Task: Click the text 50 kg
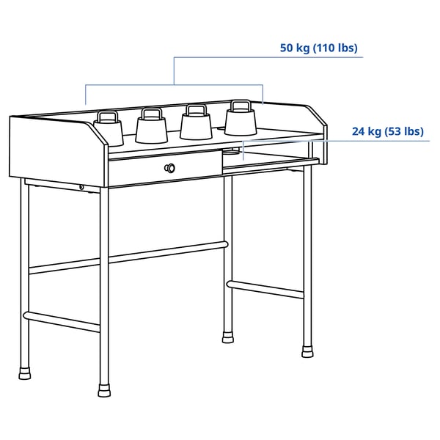(295, 48)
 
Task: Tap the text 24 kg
(367, 132)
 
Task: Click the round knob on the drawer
(171, 168)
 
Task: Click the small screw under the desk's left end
(81, 188)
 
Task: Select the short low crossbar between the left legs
(63, 322)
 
